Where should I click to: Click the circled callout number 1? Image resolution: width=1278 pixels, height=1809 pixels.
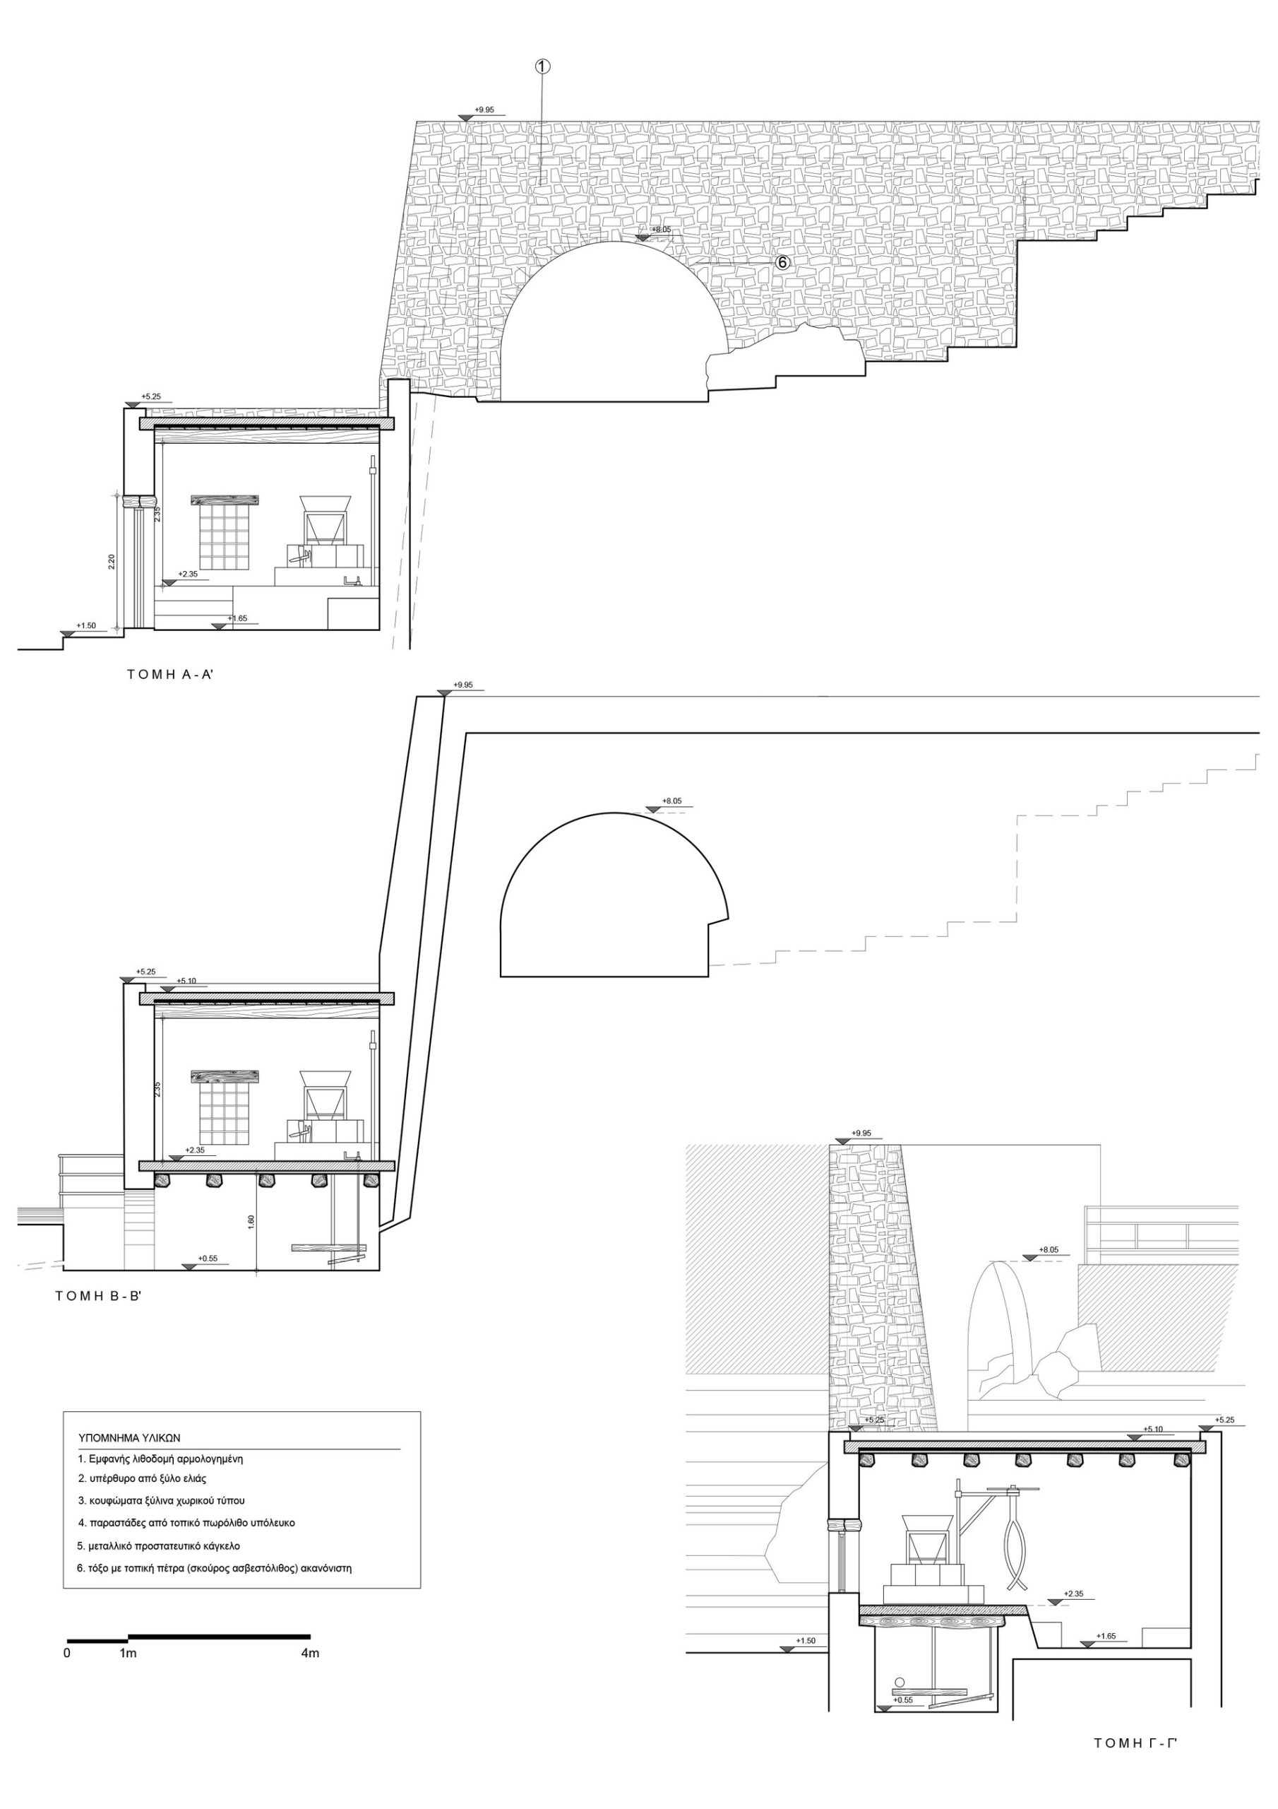pyautogui.click(x=542, y=67)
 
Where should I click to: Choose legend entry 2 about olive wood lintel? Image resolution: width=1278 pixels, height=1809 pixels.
pyautogui.click(x=142, y=1478)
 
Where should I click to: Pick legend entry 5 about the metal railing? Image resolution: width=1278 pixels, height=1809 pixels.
pyautogui.click(x=158, y=1546)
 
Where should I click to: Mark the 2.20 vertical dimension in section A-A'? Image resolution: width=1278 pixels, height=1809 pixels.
pyautogui.click(x=112, y=561)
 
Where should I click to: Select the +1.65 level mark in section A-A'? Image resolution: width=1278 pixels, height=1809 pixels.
pyautogui.click(x=237, y=618)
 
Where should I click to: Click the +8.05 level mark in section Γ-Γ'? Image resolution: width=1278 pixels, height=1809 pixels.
pyautogui.click(x=1049, y=1249)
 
